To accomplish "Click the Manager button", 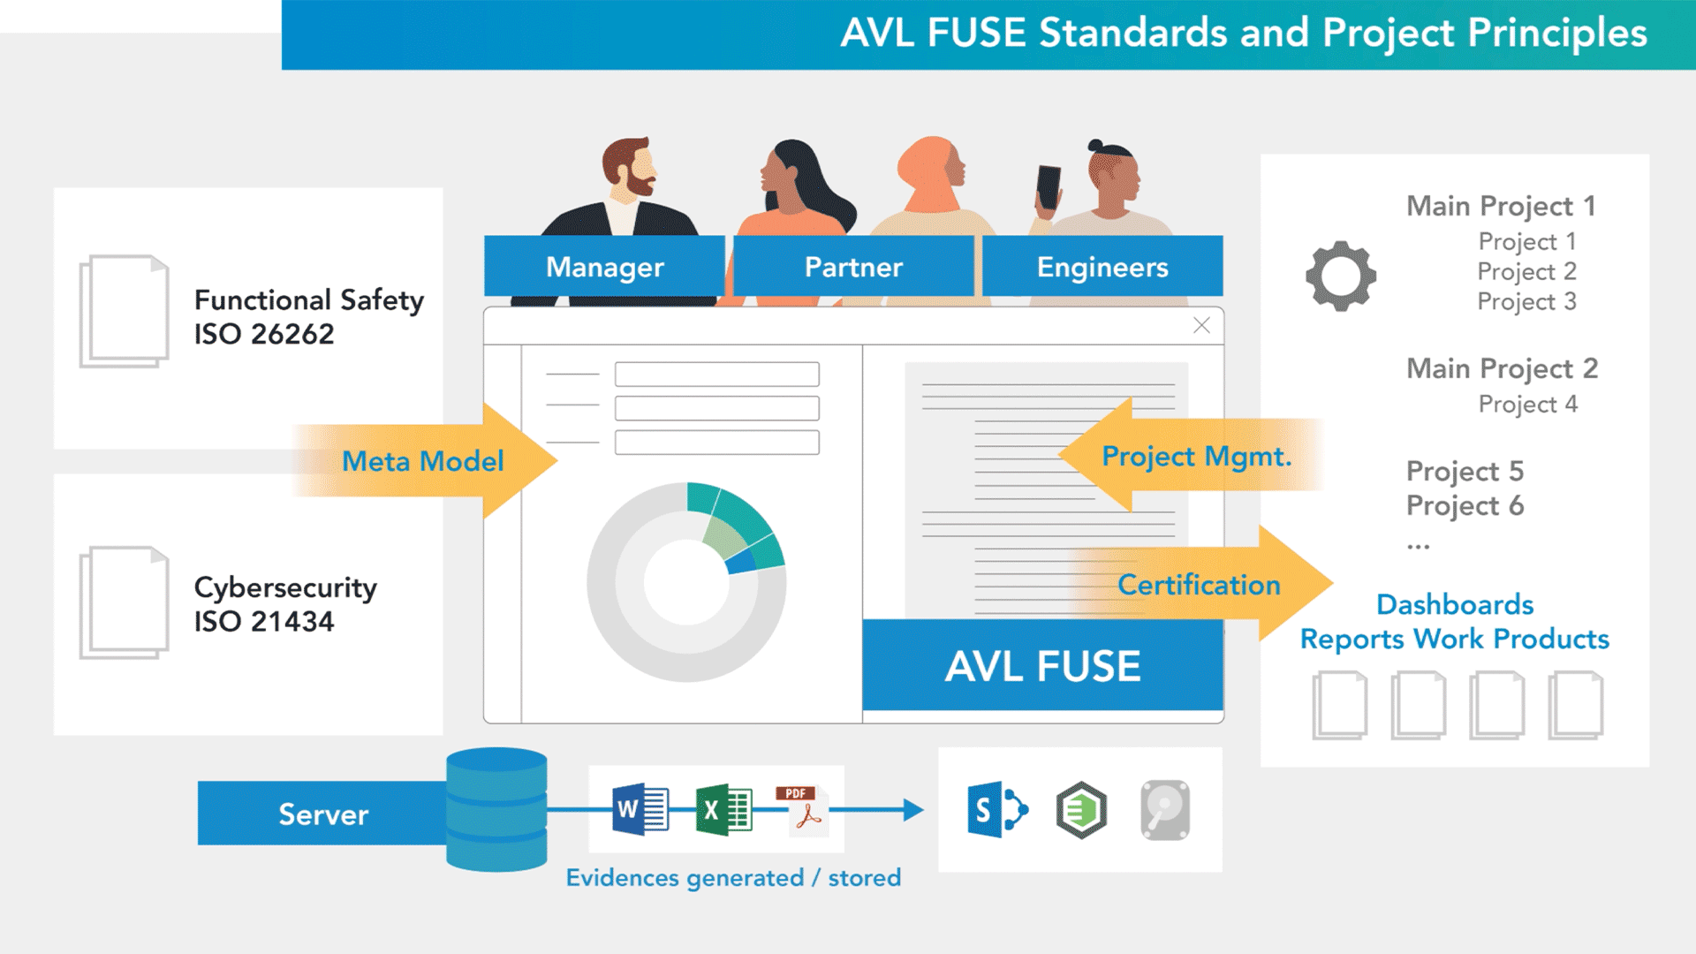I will [604, 267].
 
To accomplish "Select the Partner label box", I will [853, 267].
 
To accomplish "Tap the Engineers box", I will [1102, 267].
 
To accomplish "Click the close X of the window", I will [1201, 325].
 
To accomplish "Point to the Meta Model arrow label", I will [422, 461].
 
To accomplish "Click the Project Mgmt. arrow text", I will [1196, 457].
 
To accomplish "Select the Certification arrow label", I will [1199, 585].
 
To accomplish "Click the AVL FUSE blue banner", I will [1042, 666].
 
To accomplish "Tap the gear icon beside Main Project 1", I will [1340, 276].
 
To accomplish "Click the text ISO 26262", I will [264, 335].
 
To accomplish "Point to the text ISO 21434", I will [264, 622].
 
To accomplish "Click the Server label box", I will [323, 814].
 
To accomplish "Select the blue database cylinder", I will [496, 809].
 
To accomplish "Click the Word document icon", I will [640, 809].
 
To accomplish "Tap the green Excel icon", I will [723, 809].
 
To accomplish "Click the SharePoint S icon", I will [996, 809].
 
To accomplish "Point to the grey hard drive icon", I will [1165, 809].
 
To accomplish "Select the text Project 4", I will [1527, 405].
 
